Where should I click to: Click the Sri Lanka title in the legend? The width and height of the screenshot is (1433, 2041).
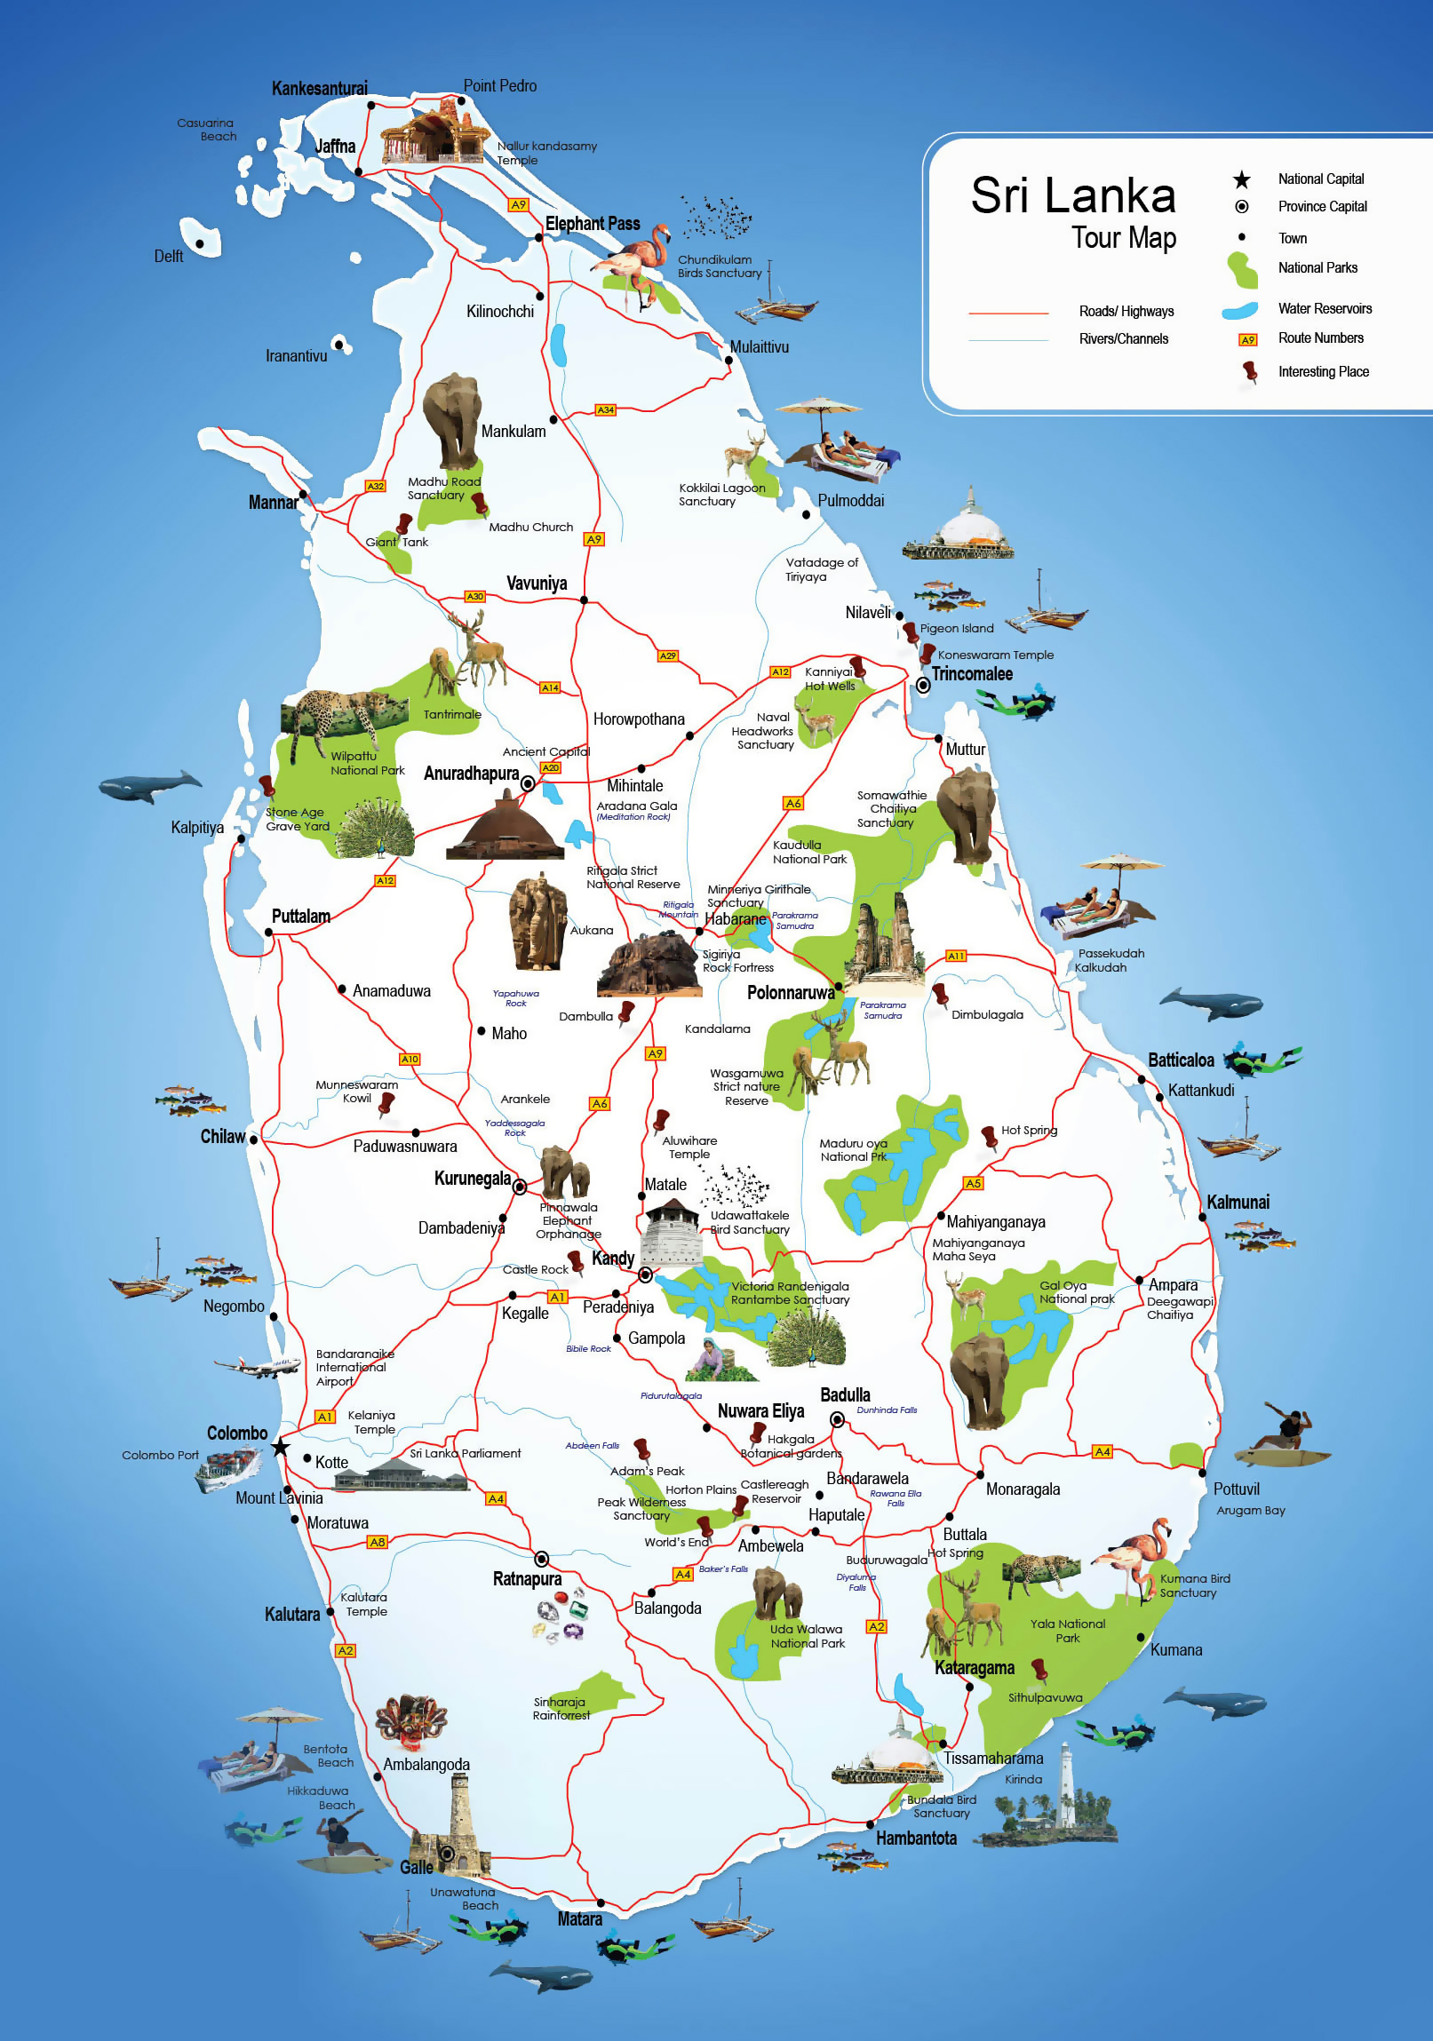coord(1072,195)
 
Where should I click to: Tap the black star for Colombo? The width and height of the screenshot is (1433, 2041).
coord(280,1447)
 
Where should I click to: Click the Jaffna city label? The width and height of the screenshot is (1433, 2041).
coord(335,147)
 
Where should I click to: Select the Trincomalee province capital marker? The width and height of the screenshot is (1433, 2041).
coord(924,686)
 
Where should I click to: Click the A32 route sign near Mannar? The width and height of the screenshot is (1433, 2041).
coord(376,486)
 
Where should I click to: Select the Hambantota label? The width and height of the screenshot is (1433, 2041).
coord(916,1838)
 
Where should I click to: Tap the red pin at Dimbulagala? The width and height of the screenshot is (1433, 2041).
coord(940,994)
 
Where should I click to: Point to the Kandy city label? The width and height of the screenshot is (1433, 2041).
coord(612,1259)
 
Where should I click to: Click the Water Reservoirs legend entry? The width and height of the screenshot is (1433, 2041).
coord(1324,308)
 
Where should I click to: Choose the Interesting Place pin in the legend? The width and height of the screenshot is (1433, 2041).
coord(1250,370)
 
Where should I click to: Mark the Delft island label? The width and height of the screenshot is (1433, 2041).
coord(168,257)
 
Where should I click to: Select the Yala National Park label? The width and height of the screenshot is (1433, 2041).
coord(1067,1631)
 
